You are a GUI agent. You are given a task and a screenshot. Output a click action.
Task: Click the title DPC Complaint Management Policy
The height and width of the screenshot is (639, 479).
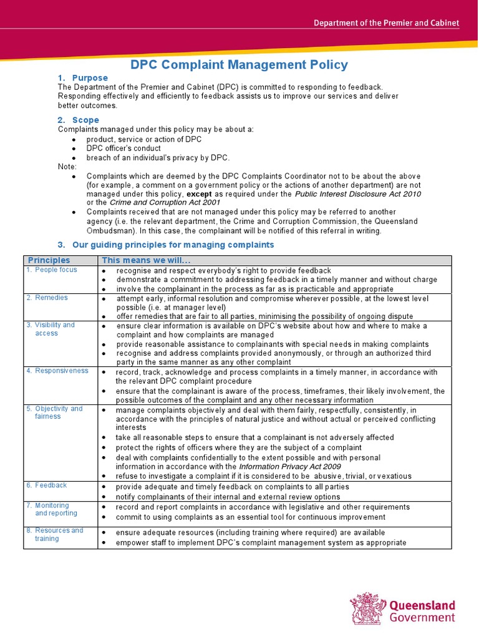point(239,65)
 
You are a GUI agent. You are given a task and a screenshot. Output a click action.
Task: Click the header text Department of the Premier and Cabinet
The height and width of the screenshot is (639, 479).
point(386,23)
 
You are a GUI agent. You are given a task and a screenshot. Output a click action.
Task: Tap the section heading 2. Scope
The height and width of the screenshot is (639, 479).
point(78,120)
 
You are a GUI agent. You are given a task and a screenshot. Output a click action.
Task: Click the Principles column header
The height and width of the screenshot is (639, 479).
point(49,260)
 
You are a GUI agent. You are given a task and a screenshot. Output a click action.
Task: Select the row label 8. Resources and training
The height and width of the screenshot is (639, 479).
point(55,534)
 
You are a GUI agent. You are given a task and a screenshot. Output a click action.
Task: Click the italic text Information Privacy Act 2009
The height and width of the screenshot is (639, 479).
point(289,467)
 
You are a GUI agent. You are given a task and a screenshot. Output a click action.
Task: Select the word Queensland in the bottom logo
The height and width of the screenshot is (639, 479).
point(422,605)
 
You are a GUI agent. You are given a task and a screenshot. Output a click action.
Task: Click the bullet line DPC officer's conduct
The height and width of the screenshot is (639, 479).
point(123,149)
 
